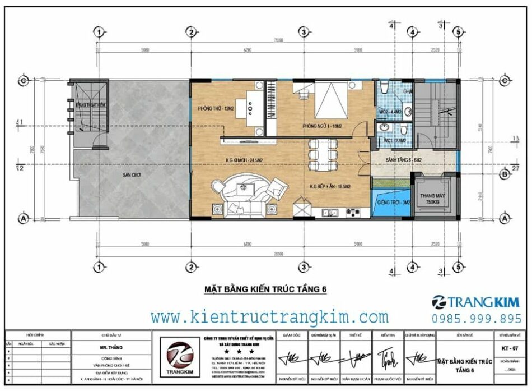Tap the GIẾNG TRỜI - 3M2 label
pos(391,201)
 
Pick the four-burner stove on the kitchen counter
pos(353,213)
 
